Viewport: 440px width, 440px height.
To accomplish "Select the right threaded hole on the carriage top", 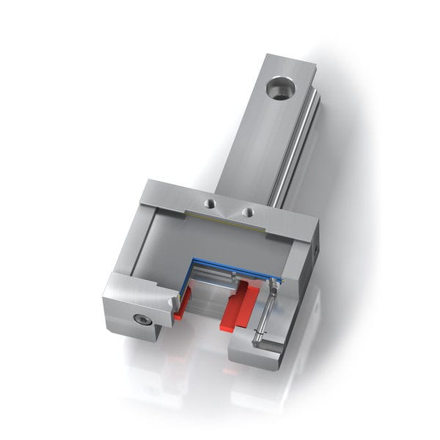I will tap(248, 212).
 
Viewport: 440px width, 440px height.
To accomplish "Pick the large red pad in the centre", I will tap(240, 306).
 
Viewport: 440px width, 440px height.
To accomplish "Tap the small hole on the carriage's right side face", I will tap(314, 249).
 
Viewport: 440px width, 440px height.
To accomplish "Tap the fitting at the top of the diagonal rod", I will tap(276, 284).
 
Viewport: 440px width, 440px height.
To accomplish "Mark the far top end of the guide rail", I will tap(290, 60).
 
